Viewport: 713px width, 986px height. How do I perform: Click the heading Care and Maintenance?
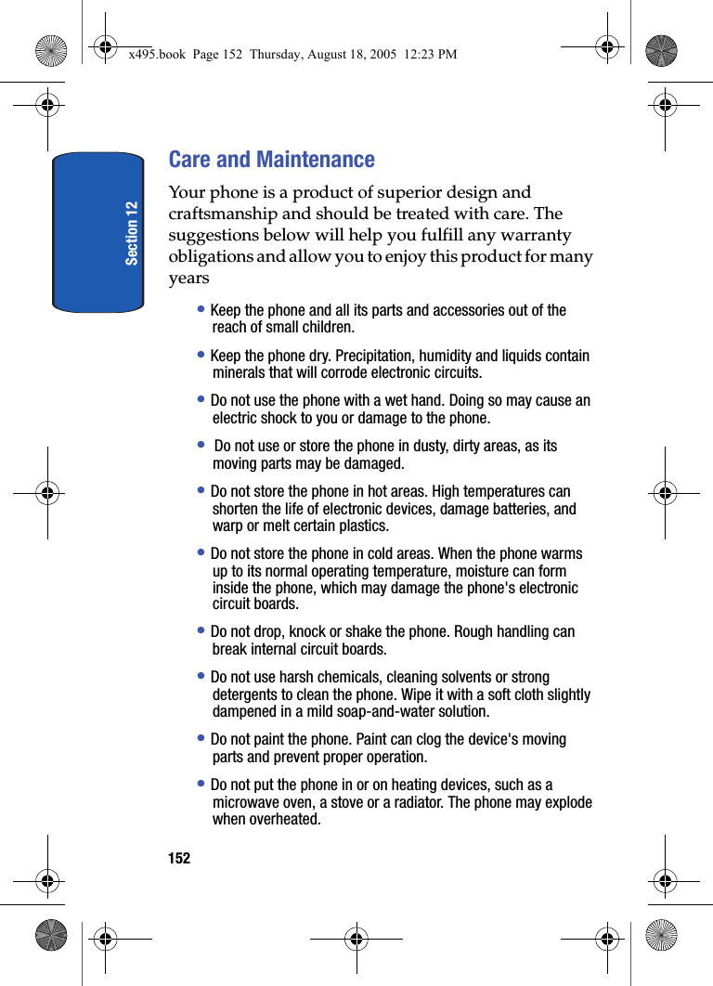271,160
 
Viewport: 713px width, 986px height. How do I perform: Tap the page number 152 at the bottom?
179,859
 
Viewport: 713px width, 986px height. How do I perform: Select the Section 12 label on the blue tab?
132,232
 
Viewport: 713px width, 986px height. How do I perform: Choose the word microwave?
245,802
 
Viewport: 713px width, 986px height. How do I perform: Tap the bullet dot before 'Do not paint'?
201,738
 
